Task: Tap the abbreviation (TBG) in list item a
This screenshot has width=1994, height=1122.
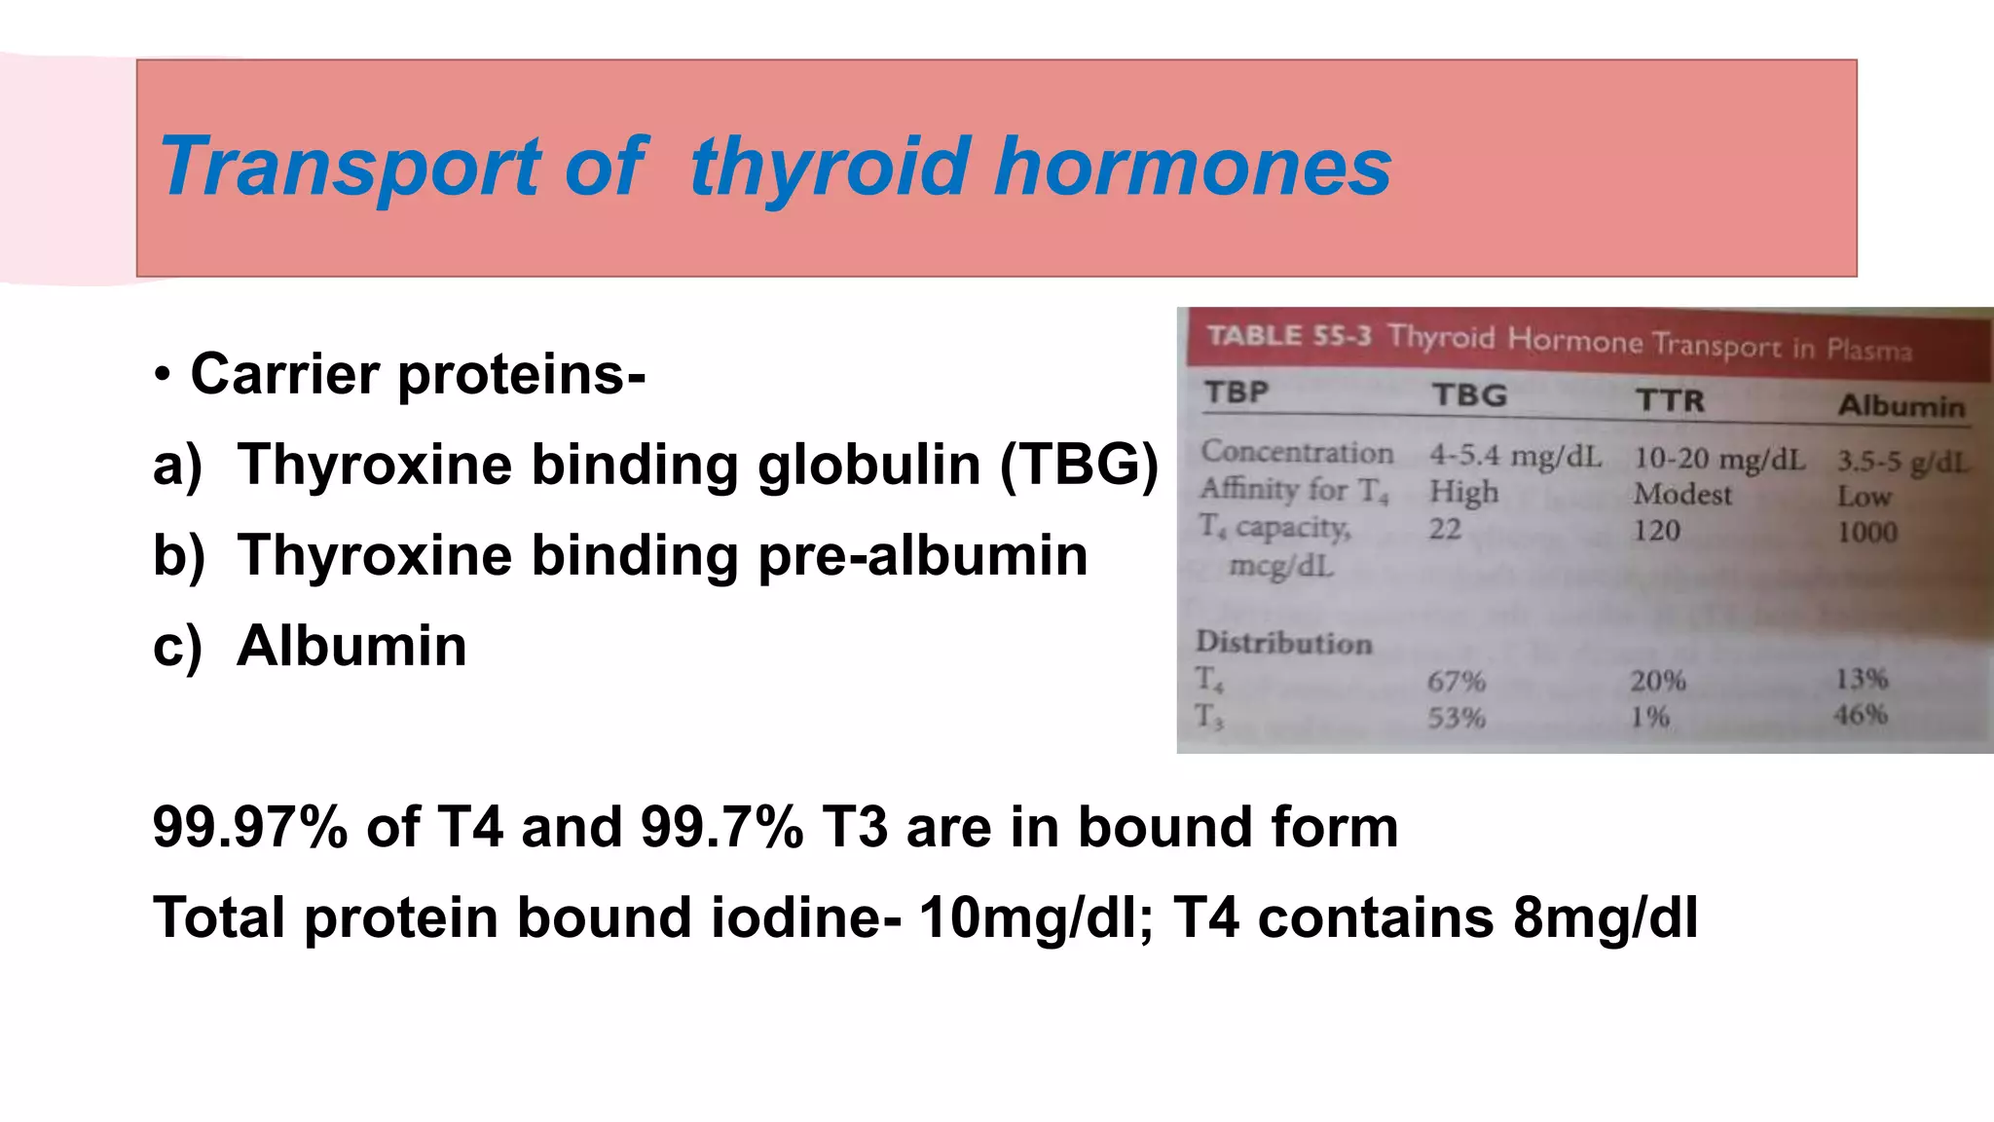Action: (1079, 465)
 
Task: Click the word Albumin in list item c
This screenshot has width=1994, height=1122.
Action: (351, 647)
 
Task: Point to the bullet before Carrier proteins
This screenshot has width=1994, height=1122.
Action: (163, 375)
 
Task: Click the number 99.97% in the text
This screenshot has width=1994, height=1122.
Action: (250, 828)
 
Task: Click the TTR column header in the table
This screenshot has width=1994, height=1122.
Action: (1670, 400)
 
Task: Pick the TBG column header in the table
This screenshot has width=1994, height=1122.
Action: (1469, 395)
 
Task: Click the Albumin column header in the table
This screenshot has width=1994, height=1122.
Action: (1901, 406)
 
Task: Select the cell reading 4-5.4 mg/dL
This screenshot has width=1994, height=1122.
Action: (1515, 456)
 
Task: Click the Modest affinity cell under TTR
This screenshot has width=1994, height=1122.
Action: (1682, 495)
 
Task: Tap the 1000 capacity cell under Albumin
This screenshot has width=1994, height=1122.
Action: (1866, 533)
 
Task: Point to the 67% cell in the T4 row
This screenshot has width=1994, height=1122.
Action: (1457, 681)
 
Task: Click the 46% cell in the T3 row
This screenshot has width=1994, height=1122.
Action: (1861, 715)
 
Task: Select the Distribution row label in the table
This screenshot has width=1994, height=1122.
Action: (1283, 643)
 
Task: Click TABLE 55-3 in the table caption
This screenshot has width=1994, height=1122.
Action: (1288, 336)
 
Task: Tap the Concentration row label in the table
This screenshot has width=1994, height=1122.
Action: (1296, 452)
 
